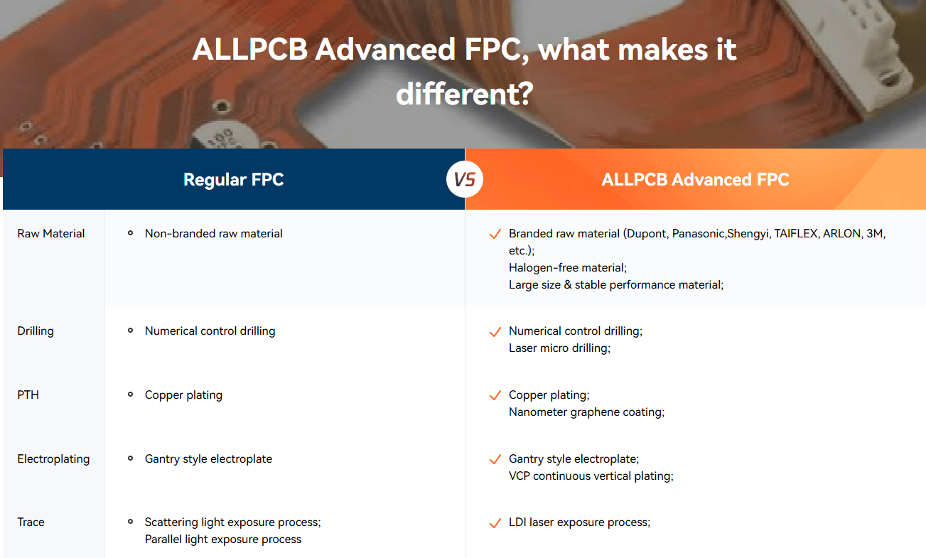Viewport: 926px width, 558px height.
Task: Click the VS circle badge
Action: click(465, 179)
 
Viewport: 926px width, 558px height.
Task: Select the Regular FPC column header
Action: click(234, 179)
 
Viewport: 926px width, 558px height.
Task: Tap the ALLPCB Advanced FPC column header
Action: click(695, 179)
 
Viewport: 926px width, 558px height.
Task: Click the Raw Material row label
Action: click(51, 234)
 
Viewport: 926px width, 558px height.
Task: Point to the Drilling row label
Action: click(36, 331)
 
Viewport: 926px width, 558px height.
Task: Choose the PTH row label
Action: click(28, 395)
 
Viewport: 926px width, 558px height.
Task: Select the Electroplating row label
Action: click(53, 458)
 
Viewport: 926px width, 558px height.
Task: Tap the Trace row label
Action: click(31, 522)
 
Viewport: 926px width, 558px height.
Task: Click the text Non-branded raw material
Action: click(214, 234)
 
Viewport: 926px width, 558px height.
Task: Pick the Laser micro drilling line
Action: click(560, 348)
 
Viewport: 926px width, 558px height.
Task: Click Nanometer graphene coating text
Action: click(586, 412)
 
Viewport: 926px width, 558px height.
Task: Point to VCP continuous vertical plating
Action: click(591, 476)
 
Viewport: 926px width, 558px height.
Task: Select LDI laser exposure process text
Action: click(580, 522)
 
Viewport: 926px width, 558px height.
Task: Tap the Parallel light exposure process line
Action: click(223, 540)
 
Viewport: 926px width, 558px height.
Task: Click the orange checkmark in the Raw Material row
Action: click(495, 234)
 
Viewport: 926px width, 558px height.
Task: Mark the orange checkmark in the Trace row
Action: click(495, 523)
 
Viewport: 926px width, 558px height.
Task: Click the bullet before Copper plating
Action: click(130, 395)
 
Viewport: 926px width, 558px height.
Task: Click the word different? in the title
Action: click(465, 95)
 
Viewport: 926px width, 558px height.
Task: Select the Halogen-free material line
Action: click(568, 268)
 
